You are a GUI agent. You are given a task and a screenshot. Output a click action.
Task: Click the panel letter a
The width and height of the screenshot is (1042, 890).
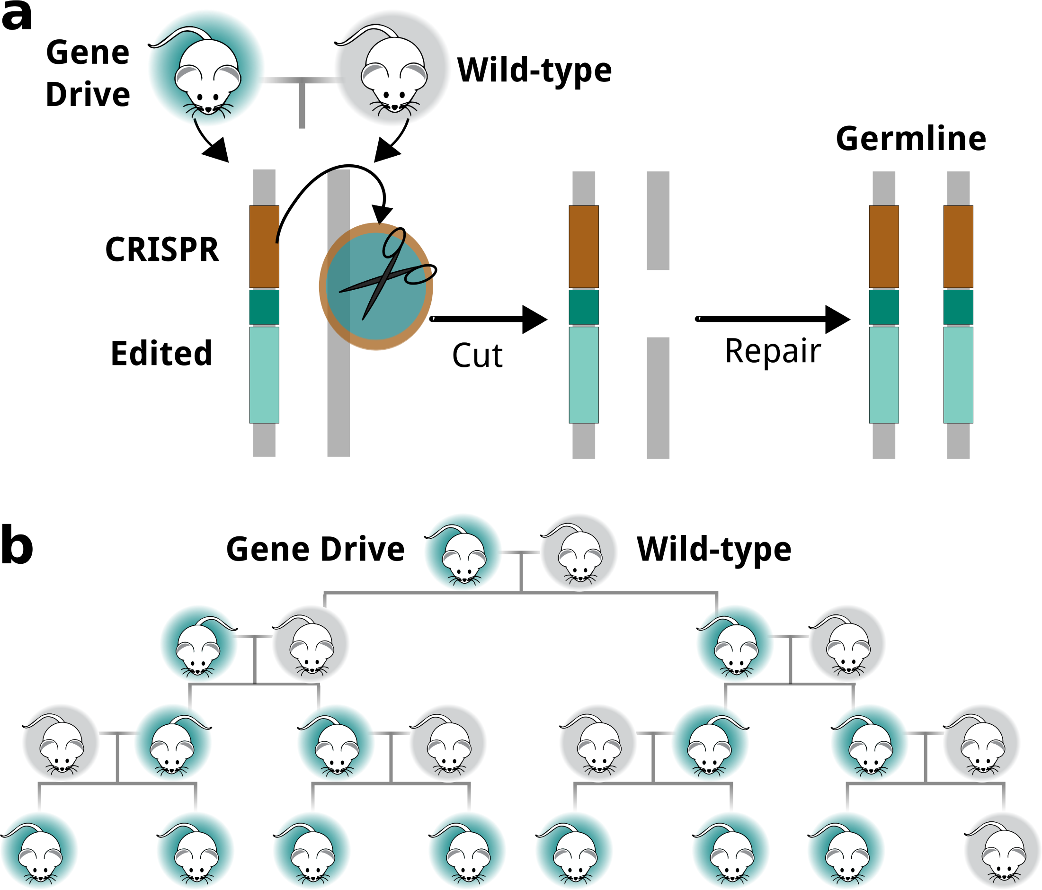16,16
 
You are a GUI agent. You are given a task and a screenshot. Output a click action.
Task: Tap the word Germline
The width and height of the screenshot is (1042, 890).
911,139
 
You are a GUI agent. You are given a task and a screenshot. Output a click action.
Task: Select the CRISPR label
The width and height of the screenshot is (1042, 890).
162,249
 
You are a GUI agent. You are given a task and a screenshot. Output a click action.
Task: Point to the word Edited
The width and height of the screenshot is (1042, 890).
161,354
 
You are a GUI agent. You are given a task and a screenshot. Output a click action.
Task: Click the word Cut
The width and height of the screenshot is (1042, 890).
477,356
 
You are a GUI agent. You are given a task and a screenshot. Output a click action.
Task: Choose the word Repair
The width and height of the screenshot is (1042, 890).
773,351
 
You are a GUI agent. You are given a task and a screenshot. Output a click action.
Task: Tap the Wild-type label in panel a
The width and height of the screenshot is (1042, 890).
534,71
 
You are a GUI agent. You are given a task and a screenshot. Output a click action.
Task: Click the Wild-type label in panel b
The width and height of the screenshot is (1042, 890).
713,549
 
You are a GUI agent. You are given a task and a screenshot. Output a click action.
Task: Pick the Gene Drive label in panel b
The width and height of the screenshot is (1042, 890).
315,549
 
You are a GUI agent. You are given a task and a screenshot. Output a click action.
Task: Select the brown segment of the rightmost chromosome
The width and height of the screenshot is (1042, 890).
958,246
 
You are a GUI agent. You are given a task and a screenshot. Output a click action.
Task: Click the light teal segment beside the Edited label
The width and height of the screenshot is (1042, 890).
264,375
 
